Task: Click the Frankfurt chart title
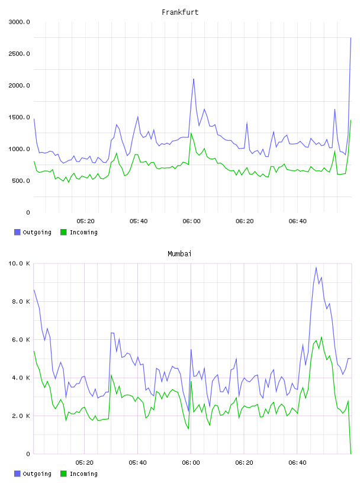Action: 180,12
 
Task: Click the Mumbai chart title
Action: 179,254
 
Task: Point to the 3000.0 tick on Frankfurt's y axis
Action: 19,22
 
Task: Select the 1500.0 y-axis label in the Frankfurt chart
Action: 19,117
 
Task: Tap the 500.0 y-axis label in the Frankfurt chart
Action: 21,181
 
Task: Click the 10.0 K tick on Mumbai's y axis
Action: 19,263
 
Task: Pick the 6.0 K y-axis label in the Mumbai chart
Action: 21,340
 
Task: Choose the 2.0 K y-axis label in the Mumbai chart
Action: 21,416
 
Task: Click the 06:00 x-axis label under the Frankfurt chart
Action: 191,221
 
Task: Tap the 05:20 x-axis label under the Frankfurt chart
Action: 85,221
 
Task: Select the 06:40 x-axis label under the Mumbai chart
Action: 297,463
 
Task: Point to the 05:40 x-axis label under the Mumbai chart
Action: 138,463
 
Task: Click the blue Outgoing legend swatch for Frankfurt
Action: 17,232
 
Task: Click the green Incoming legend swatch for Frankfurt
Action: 63,232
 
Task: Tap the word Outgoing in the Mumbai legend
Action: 37,474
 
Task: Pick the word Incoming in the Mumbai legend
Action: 83,474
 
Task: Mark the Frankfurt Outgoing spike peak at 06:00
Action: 194,79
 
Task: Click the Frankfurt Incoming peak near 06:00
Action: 191,133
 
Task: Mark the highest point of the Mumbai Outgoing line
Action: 316,268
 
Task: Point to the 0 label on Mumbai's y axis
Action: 28,454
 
